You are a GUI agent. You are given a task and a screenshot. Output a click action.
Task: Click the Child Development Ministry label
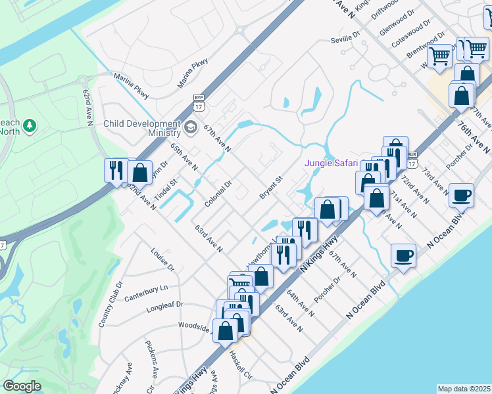pos(141,128)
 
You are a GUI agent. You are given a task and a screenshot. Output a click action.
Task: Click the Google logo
pos(22,386)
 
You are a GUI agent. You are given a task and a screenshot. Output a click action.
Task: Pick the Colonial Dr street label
pos(218,194)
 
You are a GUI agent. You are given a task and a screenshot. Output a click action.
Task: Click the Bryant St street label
pos(270,187)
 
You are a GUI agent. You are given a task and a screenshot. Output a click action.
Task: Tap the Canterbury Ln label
pos(147,292)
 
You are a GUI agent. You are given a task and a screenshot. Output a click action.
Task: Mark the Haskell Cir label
pos(240,365)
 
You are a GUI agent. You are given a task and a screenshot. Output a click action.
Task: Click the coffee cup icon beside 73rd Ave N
pos(462,195)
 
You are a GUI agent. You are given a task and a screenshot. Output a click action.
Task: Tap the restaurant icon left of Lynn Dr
pos(114,171)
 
